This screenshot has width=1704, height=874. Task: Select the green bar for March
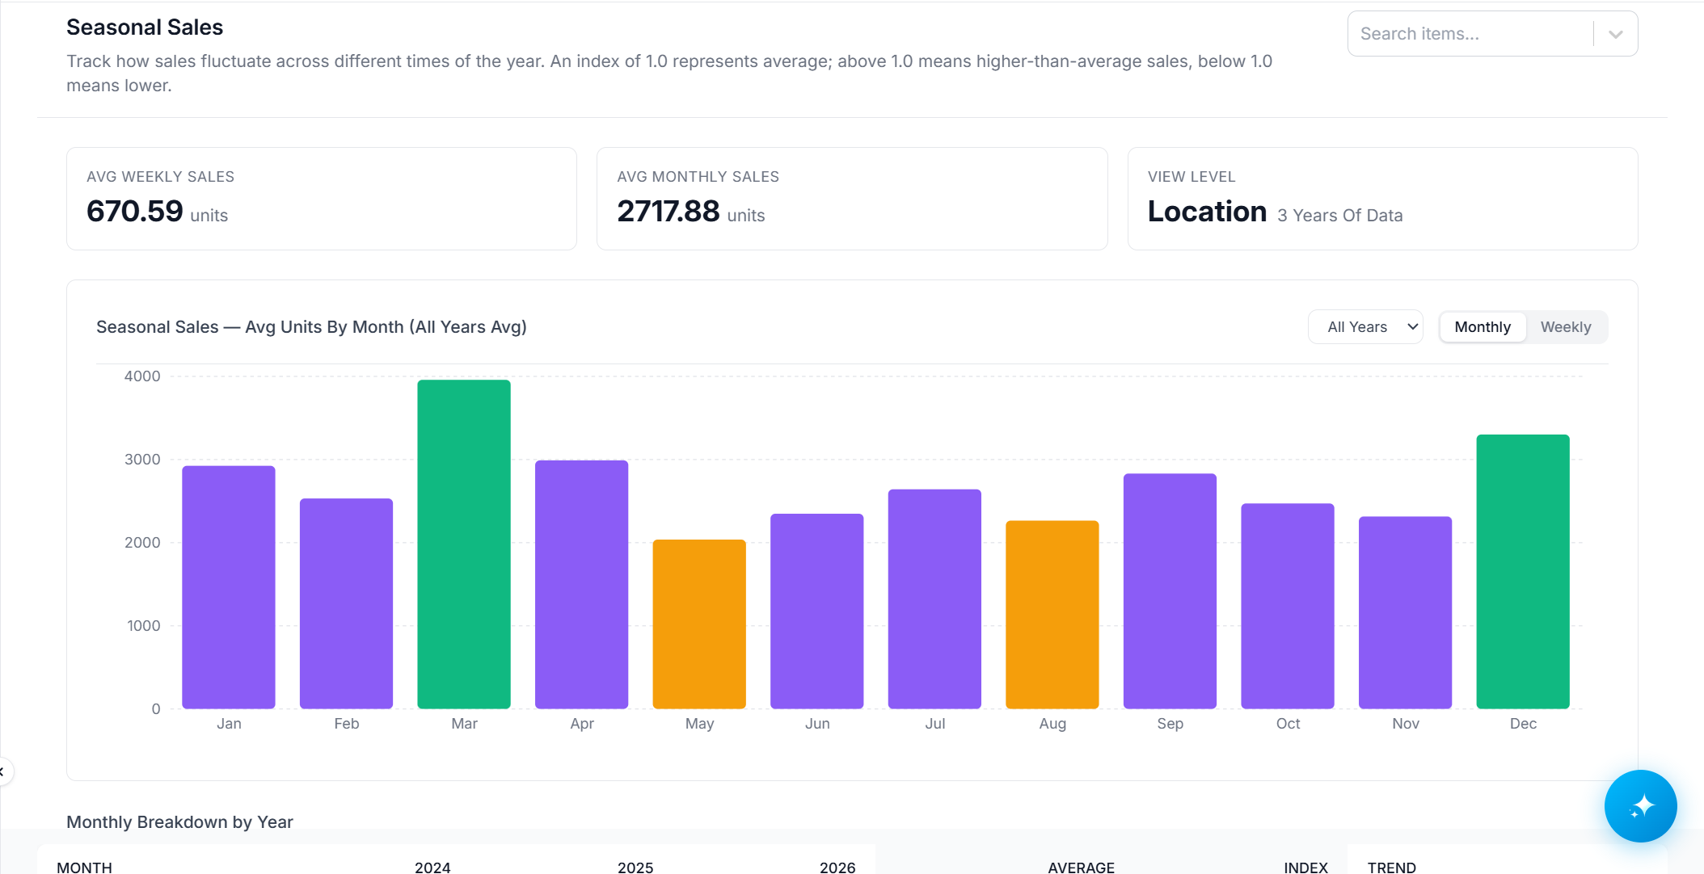click(x=464, y=544)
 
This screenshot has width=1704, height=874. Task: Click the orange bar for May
click(x=699, y=624)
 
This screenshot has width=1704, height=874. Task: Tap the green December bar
click(x=1523, y=571)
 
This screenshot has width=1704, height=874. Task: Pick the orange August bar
click(x=1052, y=615)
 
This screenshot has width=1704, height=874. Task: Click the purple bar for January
click(x=229, y=587)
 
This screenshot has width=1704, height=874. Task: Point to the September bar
click(x=1170, y=591)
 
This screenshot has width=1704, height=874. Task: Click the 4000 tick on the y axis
click(x=142, y=376)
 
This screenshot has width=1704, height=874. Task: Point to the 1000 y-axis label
click(x=144, y=626)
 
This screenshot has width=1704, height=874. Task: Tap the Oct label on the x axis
click(x=1288, y=724)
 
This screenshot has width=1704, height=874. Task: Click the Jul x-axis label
click(x=935, y=724)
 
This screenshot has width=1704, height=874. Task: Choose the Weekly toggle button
click(x=1566, y=327)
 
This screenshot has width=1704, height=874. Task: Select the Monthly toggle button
click(x=1483, y=327)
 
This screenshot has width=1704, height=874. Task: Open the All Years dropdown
click(x=1365, y=327)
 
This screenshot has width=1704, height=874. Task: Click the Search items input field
click(x=1471, y=34)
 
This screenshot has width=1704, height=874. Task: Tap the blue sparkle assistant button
click(x=1641, y=806)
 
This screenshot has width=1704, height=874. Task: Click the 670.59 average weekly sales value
click(x=135, y=212)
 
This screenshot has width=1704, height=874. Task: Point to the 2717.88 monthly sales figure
click(x=669, y=212)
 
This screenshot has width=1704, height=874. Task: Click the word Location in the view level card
click(x=1207, y=212)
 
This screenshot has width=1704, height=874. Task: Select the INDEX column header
click(x=1305, y=867)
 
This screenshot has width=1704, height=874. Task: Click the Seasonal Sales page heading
click(x=145, y=27)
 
